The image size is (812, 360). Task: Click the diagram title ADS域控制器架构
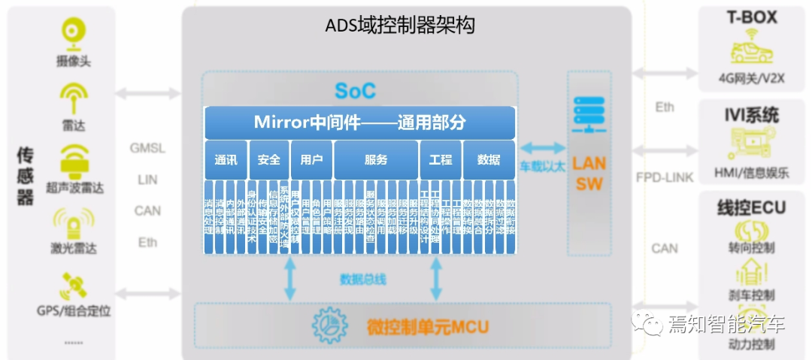(399, 26)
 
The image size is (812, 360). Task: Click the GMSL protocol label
(147, 148)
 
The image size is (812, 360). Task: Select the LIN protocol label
(147, 180)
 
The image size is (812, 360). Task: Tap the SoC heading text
(355, 92)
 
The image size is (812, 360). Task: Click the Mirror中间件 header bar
(359, 123)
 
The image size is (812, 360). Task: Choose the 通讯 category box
(226, 159)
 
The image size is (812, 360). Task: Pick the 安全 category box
(268, 159)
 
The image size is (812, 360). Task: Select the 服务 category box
(376, 159)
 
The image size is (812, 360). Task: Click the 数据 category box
(489, 159)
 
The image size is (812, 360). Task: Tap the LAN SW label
(589, 173)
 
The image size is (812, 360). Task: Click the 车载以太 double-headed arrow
(541, 149)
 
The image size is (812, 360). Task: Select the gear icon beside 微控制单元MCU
(332, 325)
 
